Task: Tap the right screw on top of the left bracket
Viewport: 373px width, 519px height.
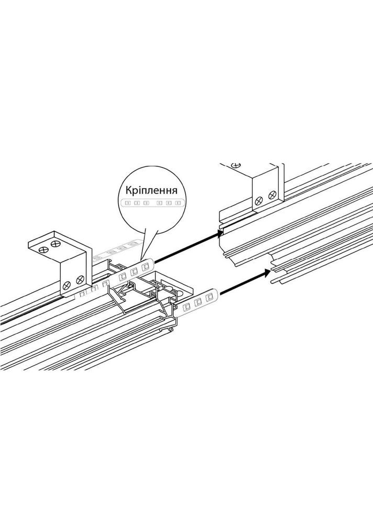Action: tap(55, 243)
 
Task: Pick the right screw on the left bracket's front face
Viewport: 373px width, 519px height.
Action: tap(80, 280)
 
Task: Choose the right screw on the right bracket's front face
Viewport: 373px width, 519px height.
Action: tap(271, 196)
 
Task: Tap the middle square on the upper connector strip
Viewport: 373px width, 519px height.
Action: tap(133, 270)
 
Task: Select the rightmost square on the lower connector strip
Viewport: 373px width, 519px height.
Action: tap(208, 298)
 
